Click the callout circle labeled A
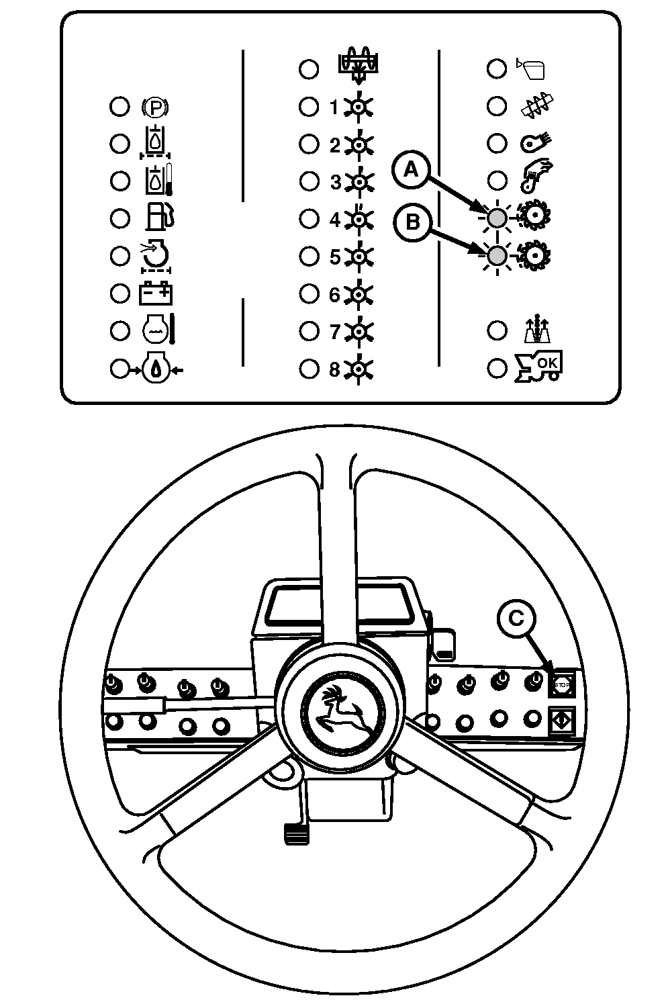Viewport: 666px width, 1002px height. click(x=410, y=171)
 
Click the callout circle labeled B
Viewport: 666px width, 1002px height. click(x=412, y=222)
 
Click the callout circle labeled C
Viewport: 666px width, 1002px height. click(x=516, y=618)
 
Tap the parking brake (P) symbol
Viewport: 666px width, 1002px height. click(x=155, y=107)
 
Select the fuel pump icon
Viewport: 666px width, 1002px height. click(x=160, y=218)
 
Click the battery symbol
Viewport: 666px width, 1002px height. click(x=156, y=293)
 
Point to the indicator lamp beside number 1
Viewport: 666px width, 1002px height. click(x=308, y=107)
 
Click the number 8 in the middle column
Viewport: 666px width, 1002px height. click(x=334, y=369)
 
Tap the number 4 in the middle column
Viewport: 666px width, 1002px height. click(x=334, y=219)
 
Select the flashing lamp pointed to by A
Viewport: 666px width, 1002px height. click(x=497, y=218)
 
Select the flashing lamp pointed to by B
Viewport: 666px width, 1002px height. click(x=497, y=256)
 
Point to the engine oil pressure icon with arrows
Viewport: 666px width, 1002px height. click(x=155, y=369)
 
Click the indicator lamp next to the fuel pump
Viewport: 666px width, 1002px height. click(x=120, y=218)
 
